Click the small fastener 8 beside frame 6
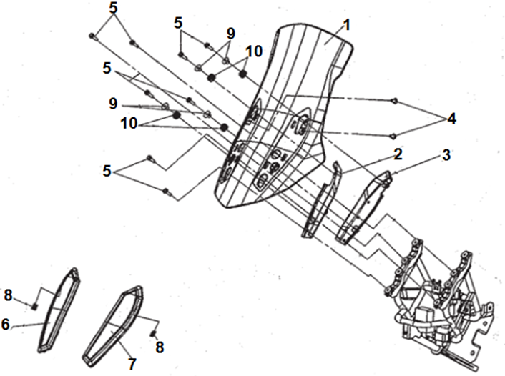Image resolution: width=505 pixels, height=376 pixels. point(34,307)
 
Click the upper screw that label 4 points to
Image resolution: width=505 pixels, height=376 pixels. point(394,101)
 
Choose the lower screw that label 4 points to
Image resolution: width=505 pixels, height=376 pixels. point(394,134)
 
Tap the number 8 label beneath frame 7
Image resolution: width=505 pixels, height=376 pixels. point(160,347)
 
